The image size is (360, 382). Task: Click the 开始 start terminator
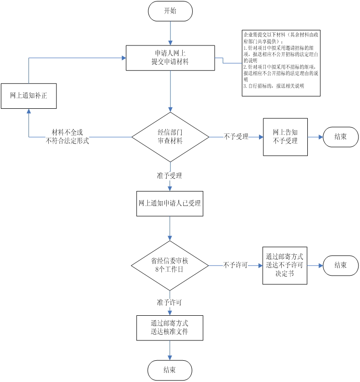click(170, 11)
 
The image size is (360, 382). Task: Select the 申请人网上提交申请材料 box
click(170, 58)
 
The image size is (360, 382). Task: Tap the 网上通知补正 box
click(29, 96)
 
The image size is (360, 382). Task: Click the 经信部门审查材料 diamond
click(170, 137)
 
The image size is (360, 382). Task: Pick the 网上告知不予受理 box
click(285, 137)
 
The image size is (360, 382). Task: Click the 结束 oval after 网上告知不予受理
click(341, 137)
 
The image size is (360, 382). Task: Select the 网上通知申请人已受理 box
click(170, 205)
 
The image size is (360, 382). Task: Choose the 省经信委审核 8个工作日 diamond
click(170, 265)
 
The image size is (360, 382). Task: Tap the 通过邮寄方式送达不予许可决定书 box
click(285, 265)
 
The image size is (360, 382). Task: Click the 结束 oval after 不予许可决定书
click(341, 265)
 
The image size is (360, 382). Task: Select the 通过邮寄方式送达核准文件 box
click(170, 328)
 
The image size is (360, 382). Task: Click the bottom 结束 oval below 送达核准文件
click(170, 370)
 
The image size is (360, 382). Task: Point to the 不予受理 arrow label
click(236, 137)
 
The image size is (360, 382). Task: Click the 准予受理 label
click(170, 176)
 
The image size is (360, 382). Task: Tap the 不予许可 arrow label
click(235, 265)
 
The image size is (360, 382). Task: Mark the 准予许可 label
click(170, 302)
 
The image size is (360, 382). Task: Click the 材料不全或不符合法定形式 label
click(68, 137)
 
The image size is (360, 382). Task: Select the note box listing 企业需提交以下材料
click(281, 63)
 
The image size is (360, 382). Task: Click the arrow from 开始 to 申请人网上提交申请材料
click(170, 33)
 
